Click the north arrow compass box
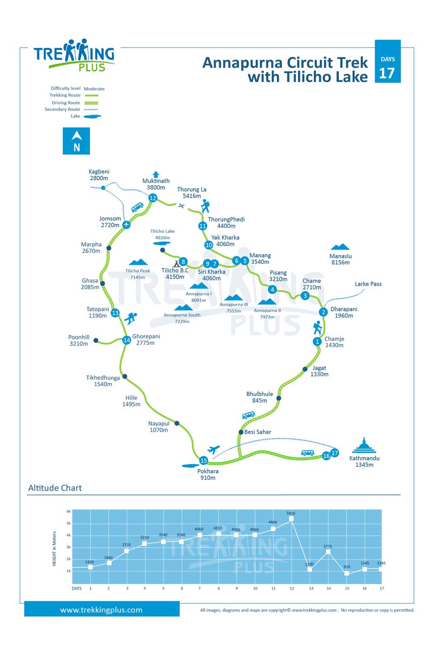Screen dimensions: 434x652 pos(76,141)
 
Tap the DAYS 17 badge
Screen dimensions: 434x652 pos(388,61)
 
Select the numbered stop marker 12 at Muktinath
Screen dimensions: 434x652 pos(153,198)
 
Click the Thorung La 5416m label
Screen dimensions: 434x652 pos(192,193)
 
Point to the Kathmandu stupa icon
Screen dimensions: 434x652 pos(364,445)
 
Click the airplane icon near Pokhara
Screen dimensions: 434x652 pos(214,449)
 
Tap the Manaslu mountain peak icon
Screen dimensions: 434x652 pos(340,247)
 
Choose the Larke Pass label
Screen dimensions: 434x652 pos(368,284)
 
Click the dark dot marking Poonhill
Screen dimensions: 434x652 pos(95,340)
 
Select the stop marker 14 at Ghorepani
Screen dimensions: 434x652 pos(127,340)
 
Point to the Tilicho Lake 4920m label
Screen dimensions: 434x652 pos(162,234)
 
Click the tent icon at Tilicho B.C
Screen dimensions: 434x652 pos(177,264)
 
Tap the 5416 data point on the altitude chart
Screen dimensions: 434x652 pos(291,519)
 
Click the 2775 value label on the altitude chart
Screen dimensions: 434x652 pos(328,546)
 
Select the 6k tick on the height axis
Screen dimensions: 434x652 pos(69,512)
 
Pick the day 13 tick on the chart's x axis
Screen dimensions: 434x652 pos(311,588)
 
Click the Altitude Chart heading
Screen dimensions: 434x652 pos(55,488)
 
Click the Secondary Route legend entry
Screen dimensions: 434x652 pos(71,110)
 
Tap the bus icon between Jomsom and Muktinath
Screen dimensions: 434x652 pos(137,207)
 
